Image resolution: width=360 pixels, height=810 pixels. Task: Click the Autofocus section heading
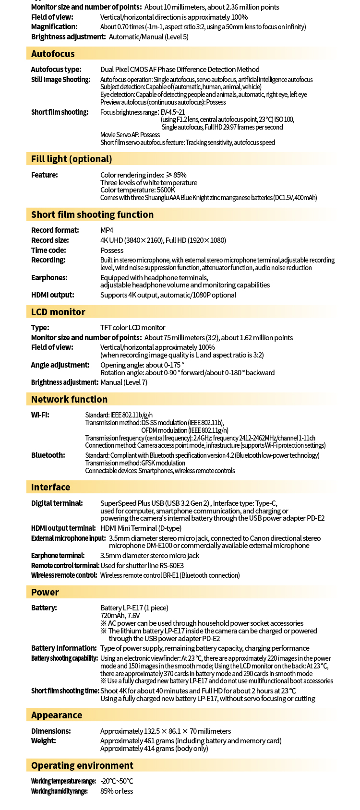53,54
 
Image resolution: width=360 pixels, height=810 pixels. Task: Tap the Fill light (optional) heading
72,159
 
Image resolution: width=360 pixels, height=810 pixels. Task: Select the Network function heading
69,399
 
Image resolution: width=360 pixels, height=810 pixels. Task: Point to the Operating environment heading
82,765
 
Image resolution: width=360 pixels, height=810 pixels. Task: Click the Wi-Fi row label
40,415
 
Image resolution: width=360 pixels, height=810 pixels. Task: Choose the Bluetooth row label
48,455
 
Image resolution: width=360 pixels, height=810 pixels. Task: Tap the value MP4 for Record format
107,230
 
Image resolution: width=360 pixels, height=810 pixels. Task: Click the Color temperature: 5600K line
138,190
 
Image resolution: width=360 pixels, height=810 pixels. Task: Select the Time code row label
48,250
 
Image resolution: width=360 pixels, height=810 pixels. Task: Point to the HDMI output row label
53,295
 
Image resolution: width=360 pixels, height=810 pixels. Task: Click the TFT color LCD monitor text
132,327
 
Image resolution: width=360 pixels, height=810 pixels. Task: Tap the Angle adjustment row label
60,365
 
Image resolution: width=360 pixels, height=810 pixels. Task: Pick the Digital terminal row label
57,503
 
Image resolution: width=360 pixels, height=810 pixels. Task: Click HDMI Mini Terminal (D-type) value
141,528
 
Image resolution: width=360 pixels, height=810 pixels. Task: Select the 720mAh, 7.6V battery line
120,615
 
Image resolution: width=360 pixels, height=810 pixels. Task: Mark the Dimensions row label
51,731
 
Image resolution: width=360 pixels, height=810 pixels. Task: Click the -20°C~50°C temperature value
117,781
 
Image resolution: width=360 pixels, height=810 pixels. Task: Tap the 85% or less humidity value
117,791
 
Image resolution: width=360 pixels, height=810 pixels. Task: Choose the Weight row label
43,740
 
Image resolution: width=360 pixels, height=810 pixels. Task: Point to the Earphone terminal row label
58,555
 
